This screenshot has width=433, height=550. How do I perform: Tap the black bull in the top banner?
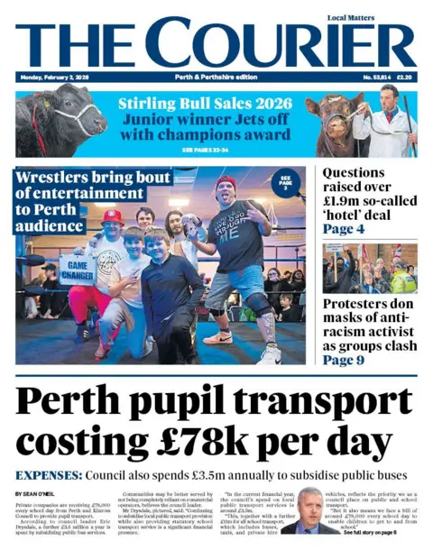click(x=59, y=119)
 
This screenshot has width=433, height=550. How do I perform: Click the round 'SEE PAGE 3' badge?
click(x=286, y=183)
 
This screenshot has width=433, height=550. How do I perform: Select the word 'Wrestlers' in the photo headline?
click(x=64, y=178)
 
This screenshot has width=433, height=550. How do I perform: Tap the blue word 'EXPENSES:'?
click(x=50, y=474)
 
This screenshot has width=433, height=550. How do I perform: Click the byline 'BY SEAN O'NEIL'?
click(x=37, y=494)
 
